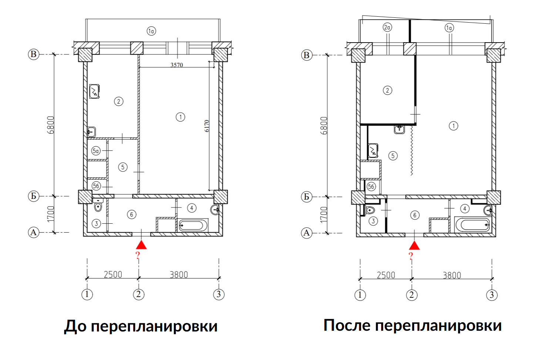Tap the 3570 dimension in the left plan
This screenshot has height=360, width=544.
pos(177,65)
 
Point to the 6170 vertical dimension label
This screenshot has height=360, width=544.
pos(206,126)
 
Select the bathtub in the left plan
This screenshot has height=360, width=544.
pos(193,226)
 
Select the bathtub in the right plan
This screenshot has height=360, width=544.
pos(473,224)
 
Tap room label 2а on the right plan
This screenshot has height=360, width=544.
pos(387,27)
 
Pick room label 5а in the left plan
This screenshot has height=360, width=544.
pos(96,151)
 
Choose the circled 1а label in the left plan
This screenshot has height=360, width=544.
pos(151,31)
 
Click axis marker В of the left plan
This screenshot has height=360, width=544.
pos(34,54)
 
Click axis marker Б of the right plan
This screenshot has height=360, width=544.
pos(306,197)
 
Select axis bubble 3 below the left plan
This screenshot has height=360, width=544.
pos(219,294)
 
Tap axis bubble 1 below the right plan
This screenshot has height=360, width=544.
pos(360,295)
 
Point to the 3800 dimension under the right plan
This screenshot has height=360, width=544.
pos(452,276)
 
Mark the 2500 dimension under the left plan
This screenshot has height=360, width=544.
pos(113,275)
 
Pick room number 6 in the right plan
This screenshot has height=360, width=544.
pos(415,215)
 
